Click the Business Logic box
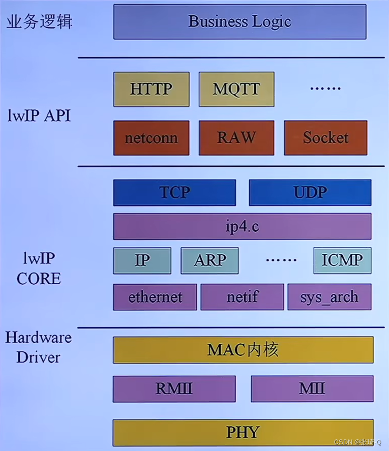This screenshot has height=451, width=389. pos(240,22)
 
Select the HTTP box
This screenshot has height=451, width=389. pos(151,89)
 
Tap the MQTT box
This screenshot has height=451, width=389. pos(236,89)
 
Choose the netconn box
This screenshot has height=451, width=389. pos(151,138)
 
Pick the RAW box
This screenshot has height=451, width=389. pos(236,138)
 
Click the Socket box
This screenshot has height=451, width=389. pos(325,138)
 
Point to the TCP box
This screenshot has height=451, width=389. pos(174,193)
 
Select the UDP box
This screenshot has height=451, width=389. pos(310,193)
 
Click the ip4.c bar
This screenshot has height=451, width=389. pos(242,226)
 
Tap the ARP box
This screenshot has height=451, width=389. pos(210,260)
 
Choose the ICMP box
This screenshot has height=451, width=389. pos(342,260)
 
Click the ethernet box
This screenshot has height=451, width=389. pos(155,297)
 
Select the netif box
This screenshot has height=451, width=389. pos(242,297)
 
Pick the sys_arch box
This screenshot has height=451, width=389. pos(329,297)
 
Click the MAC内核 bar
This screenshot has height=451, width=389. pos(243,350)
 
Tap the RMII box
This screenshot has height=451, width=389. pos(174,389)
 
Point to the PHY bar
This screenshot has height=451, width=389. pos(243,433)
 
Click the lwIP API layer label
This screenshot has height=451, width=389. pos(39,115)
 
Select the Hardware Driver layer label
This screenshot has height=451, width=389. pos(38,347)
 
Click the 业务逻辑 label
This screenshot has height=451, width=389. pos(39,22)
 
